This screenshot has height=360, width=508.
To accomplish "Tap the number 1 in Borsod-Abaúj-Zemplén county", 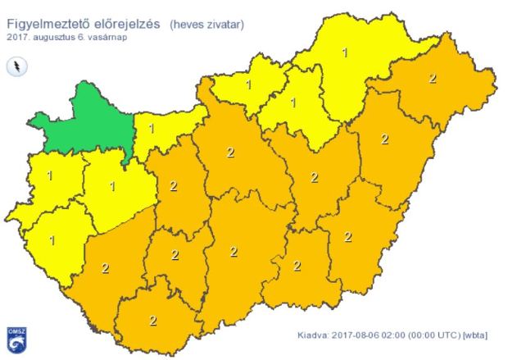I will pos(345,52).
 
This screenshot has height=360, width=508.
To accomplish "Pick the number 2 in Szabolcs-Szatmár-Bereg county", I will pos(433,79).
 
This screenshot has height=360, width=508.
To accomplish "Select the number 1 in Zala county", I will pos(52,240).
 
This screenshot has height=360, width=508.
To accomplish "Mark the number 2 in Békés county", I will pos(347,237).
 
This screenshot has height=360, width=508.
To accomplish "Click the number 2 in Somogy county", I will pos(105,267).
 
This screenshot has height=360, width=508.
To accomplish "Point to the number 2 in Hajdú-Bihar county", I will pos(385,139).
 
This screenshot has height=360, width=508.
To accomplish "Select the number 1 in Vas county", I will pos(51,175).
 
